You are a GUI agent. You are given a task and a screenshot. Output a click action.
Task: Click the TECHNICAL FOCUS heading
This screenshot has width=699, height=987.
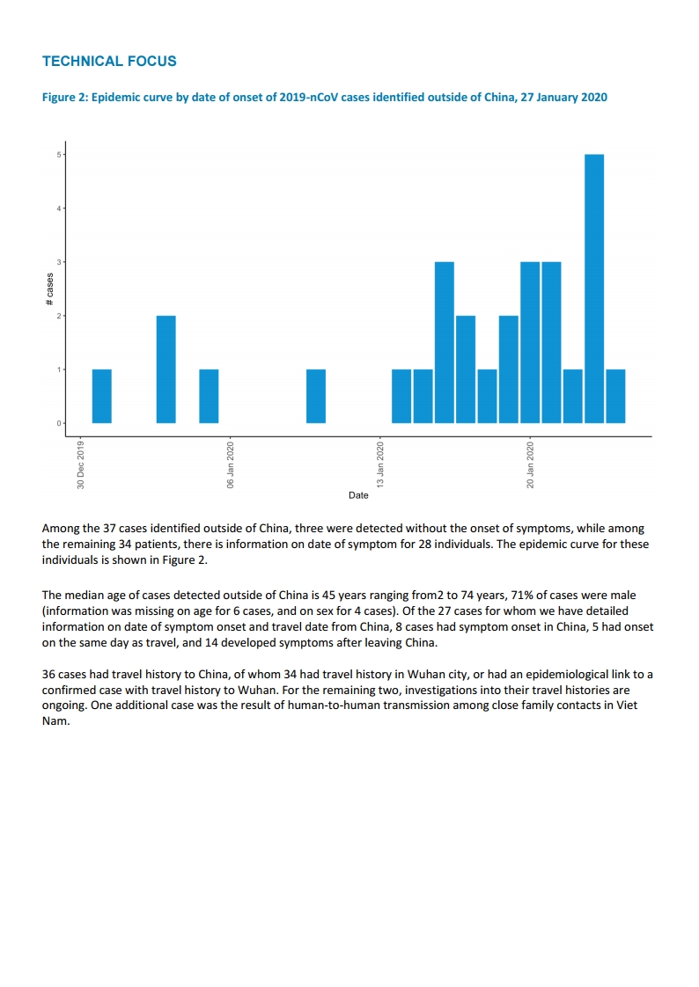[x=109, y=62]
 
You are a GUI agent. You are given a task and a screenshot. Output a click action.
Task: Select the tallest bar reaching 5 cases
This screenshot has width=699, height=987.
[x=594, y=289]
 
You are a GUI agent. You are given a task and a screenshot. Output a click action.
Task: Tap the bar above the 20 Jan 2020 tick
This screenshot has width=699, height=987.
[x=530, y=342]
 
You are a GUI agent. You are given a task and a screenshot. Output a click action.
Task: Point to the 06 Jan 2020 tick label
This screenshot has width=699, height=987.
[x=231, y=465]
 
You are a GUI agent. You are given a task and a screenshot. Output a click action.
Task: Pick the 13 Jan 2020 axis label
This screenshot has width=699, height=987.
[x=380, y=465]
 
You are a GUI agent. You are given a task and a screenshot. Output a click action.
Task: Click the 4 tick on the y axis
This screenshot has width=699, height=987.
[x=59, y=208]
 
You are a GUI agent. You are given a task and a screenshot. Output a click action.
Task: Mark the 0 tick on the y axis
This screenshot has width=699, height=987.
[x=59, y=423]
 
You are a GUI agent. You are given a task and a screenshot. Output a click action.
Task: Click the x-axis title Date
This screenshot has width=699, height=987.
[x=358, y=496]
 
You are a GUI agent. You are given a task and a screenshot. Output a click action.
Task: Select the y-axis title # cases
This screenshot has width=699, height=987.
[x=49, y=289]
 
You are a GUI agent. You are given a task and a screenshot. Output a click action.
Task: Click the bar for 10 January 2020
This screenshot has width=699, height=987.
[x=316, y=396]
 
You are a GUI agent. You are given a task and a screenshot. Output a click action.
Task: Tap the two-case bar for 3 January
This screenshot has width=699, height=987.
[x=166, y=369]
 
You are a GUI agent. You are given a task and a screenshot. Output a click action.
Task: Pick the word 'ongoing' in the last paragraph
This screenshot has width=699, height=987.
[x=65, y=706]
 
